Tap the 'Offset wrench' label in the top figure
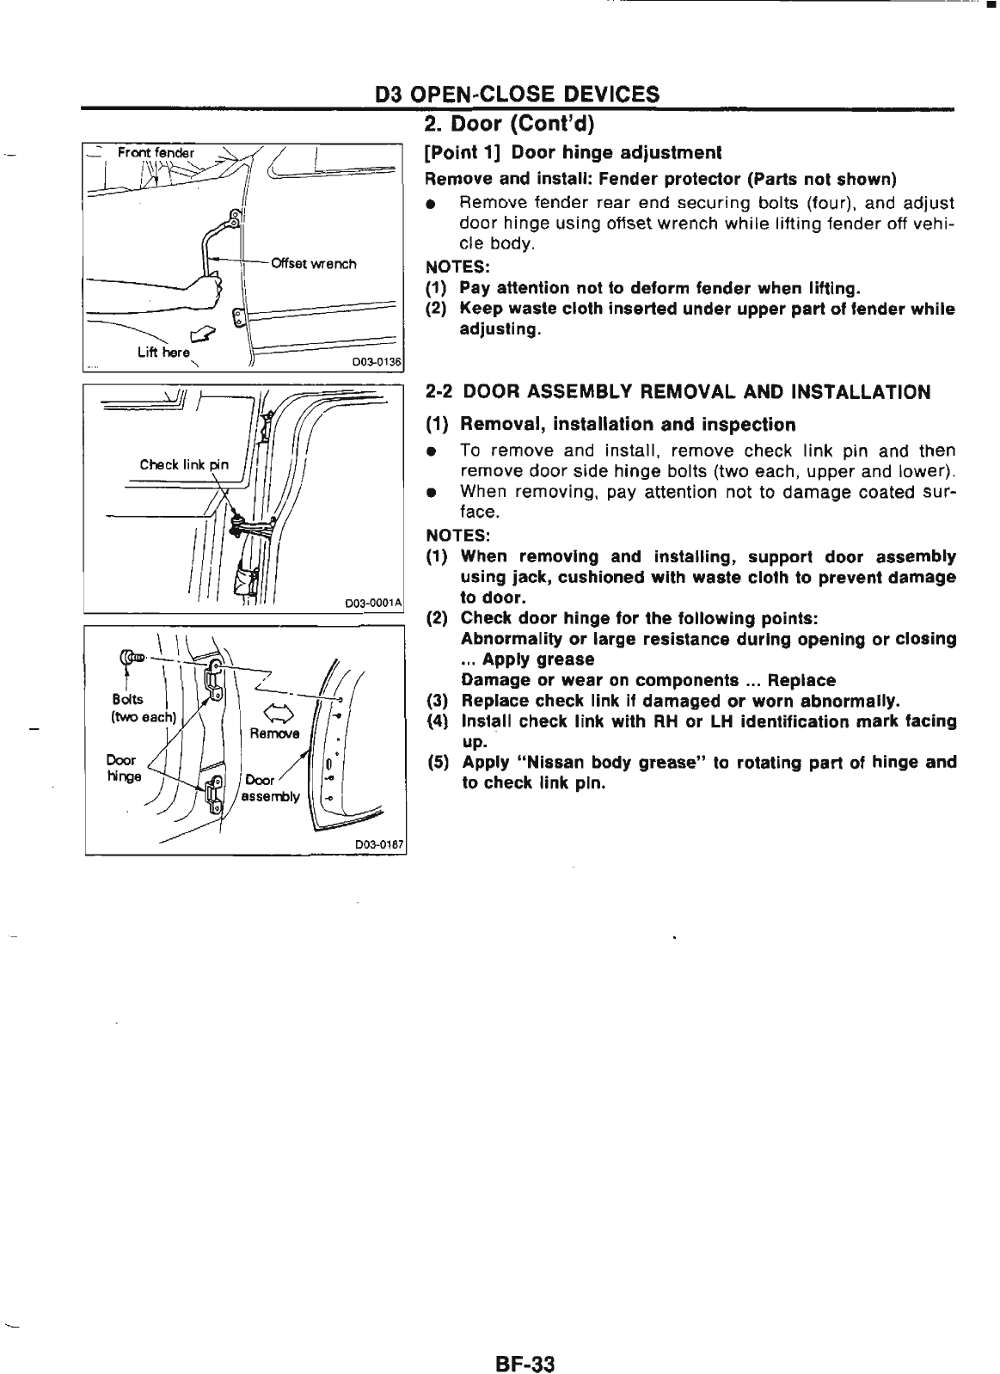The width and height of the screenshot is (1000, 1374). pyautogui.click(x=313, y=264)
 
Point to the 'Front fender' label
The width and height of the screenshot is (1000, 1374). pyautogui.click(x=156, y=153)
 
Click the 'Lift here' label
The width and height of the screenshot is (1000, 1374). pyautogui.click(x=163, y=352)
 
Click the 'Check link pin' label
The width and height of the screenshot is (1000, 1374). pyautogui.click(x=184, y=465)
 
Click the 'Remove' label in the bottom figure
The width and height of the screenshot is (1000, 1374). pyautogui.click(x=273, y=733)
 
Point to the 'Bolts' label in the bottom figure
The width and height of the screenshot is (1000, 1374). pyautogui.click(x=127, y=700)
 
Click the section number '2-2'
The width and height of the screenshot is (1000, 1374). pyautogui.click(x=440, y=392)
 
